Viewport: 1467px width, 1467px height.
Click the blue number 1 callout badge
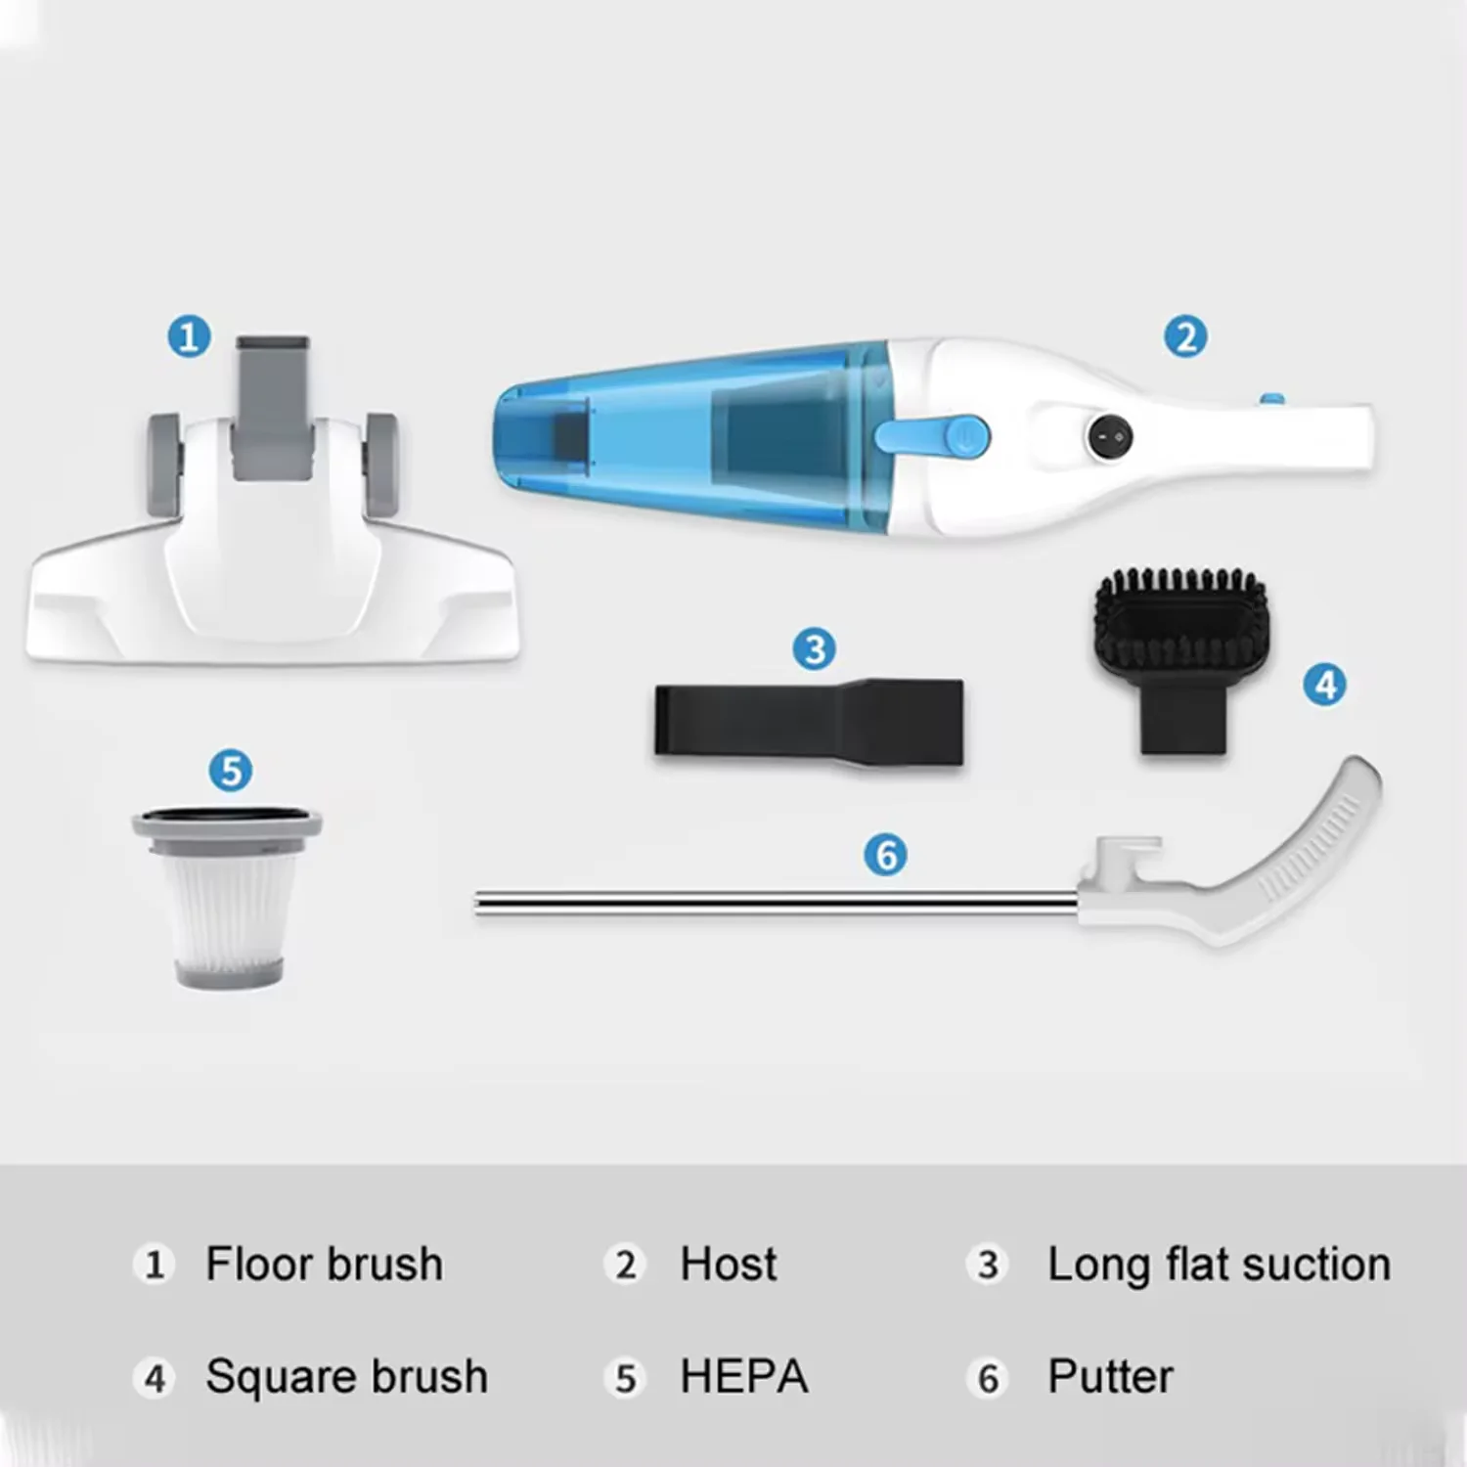coord(189,337)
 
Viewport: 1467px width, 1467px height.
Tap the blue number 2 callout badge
coord(1185,337)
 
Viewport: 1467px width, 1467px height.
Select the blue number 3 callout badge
coord(814,649)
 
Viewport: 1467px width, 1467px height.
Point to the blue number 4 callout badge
coord(1325,685)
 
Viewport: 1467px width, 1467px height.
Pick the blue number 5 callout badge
coord(231,771)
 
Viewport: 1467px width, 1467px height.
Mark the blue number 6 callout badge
coord(885,855)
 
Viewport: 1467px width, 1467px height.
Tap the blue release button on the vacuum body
coord(934,436)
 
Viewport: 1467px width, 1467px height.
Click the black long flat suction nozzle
coord(808,722)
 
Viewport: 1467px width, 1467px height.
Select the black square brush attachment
coord(1181,655)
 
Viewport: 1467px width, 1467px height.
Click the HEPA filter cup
coord(228,895)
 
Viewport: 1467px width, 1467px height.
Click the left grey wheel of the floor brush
coord(163,451)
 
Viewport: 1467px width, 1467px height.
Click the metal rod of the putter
coord(773,904)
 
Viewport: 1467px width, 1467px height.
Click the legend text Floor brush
coord(324,1264)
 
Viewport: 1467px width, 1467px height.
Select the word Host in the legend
coord(728,1264)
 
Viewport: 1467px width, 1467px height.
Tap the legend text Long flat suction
coord(1219,1264)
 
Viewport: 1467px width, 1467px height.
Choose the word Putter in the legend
coord(1110,1377)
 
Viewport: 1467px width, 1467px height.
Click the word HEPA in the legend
coord(743,1377)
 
